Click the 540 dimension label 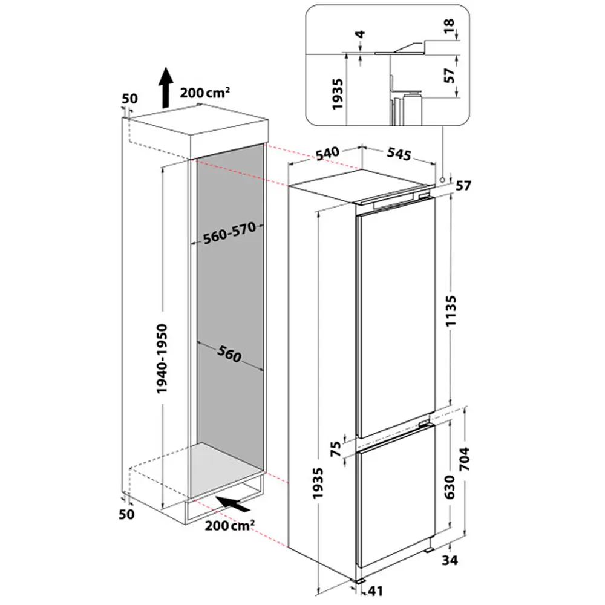point(327,153)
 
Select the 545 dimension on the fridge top point(399,154)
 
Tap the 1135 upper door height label point(451,311)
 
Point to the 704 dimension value point(465,459)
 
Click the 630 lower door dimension point(450,486)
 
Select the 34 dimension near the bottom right point(450,560)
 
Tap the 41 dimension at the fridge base point(375,590)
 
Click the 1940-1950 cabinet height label point(162,358)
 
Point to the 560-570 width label point(229,233)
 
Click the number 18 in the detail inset point(449,26)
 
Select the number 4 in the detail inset point(361,34)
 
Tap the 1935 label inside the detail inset point(337,94)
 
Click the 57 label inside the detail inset point(450,75)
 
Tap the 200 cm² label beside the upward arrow point(205,93)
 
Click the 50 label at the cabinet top point(129,99)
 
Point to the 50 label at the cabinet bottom point(126,514)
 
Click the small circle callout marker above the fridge point(443,180)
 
